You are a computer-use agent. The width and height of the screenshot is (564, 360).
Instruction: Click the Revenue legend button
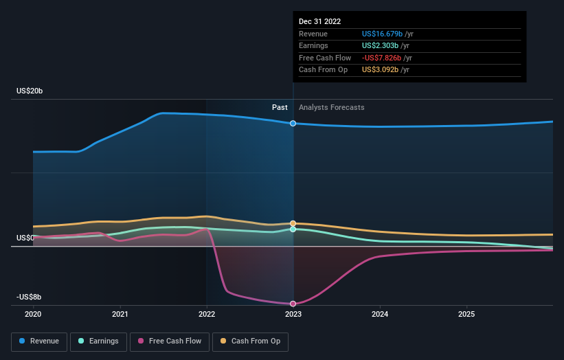click(40, 341)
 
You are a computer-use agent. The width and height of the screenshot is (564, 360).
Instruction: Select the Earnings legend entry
click(98, 341)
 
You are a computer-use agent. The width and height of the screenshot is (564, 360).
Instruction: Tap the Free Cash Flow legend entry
click(170, 341)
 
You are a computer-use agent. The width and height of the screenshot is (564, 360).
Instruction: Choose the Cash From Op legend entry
click(251, 341)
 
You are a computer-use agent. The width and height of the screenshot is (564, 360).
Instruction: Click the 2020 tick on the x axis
click(33, 314)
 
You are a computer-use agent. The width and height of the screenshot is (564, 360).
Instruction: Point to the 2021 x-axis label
click(120, 314)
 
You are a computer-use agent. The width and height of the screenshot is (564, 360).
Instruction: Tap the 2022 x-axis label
click(207, 314)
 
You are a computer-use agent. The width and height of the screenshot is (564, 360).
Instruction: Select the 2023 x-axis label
click(293, 314)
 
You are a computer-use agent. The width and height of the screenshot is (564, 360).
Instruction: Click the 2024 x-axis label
click(380, 314)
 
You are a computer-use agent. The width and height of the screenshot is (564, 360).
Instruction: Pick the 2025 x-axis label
click(466, 314)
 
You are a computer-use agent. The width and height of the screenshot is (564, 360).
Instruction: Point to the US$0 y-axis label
click(25, 238)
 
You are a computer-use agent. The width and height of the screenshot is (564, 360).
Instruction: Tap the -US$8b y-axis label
click(30, 297)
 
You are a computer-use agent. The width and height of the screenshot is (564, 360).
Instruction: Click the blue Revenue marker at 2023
click(293, 124)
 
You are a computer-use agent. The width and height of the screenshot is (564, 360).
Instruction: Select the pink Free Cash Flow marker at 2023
click(293, 304)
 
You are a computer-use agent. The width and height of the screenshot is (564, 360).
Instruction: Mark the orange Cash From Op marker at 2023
click(293, 223)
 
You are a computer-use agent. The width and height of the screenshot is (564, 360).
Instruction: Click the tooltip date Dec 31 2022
click(319, 22)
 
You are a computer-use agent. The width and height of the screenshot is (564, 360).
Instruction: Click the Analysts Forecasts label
click(331, 107)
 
